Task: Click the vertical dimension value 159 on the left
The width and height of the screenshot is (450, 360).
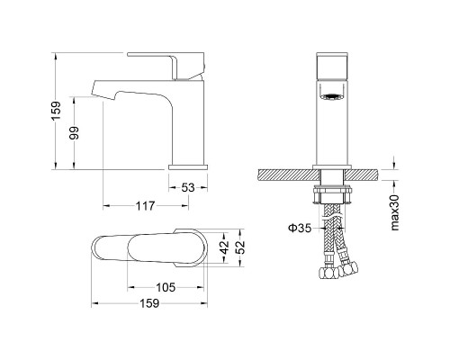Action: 56,111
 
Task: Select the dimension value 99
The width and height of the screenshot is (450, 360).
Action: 74,133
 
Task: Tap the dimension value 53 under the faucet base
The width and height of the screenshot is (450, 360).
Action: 188,188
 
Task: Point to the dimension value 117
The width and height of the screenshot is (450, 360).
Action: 146,206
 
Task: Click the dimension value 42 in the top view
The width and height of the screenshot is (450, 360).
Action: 224,247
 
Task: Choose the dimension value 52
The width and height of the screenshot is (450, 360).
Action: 240,247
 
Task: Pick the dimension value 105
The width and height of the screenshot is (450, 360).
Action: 166,288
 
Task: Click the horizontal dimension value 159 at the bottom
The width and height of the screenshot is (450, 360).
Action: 149,303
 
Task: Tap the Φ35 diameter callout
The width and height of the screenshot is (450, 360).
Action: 300,229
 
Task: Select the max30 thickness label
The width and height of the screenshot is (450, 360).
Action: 395,212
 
